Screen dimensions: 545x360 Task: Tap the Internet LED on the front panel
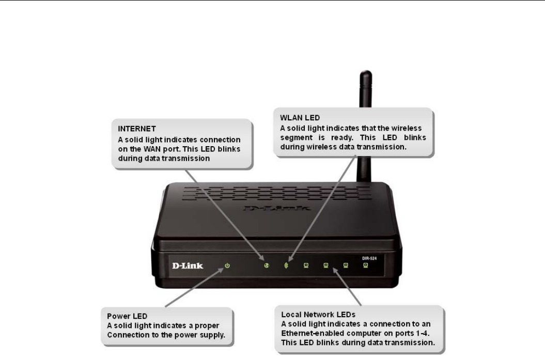click(x=266, y=267)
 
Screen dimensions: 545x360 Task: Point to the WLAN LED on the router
click(x=286, y=267)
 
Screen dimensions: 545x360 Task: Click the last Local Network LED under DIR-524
click(x=365, y=267)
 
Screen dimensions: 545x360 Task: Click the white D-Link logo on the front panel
click(x=187, y=266)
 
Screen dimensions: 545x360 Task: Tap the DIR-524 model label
click(x=365, y=257)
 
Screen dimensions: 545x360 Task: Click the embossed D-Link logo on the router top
click(x=277, y=210)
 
